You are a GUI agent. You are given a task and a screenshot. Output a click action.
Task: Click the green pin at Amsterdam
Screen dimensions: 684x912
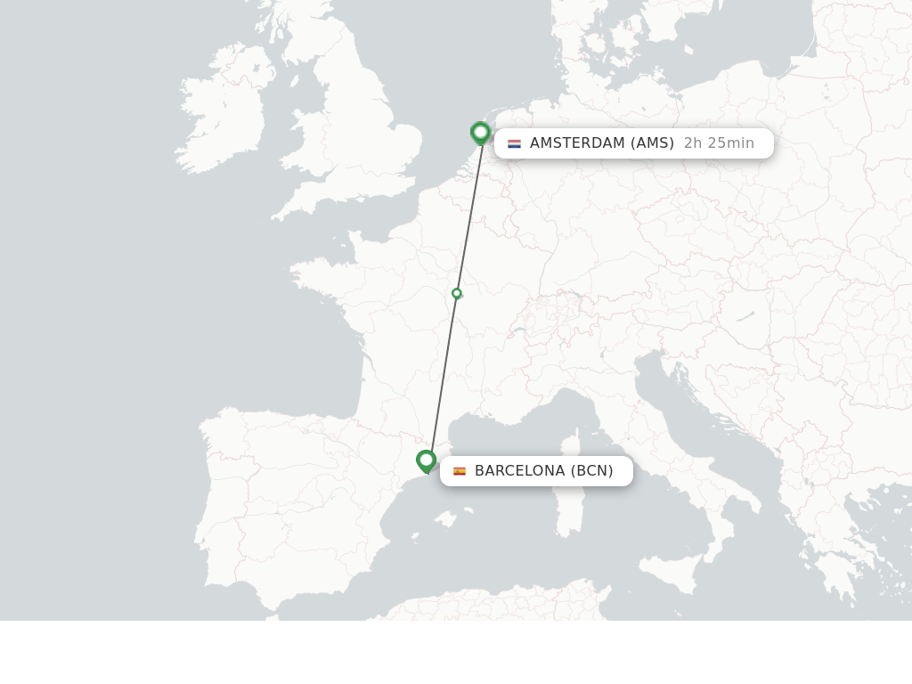[481, 134]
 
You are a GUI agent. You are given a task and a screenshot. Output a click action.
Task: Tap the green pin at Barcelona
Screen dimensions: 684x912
[426, 461]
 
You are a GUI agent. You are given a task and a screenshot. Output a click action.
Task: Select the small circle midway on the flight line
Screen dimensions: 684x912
[457, 293]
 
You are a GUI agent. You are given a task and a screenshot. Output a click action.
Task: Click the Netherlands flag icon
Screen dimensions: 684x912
[514, 143]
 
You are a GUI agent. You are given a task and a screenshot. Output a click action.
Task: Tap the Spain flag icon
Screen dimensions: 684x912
[460, 471]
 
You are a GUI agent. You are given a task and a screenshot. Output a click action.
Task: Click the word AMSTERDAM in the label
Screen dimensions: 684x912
[577, 143]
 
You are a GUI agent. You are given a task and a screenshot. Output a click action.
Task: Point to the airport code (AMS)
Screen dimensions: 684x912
[653, 143]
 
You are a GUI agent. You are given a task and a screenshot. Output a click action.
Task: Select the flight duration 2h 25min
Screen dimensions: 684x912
[719, 143]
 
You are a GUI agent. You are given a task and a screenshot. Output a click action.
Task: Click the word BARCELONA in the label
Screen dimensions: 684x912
[519, 471]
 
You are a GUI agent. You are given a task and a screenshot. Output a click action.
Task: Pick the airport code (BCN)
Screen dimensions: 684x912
[592, 471]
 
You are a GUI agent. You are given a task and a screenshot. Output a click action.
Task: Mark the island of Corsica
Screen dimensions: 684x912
[574, 445]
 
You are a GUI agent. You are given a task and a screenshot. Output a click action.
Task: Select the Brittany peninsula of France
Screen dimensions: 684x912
[316, 272]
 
